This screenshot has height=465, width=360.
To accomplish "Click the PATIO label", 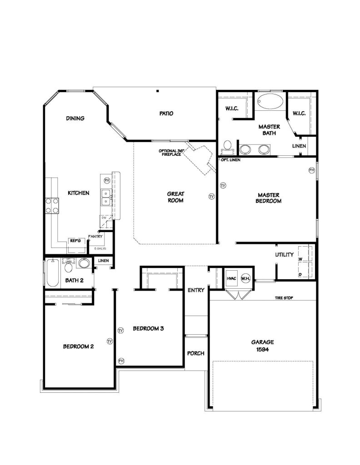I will (x=166, y=114).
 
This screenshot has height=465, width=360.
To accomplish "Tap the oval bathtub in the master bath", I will (x=270, y=102).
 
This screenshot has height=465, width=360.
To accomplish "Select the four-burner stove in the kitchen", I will (x=51, y=205).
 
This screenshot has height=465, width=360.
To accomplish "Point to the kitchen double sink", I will (x=106, y=197).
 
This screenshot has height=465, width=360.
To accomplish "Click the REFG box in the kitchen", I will (x=75, y=241).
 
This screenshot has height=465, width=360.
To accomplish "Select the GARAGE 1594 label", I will (x=262, y=346).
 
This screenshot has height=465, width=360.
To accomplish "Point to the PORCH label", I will (x=196, y=353).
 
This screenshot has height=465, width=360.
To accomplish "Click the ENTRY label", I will (x=196, y=290).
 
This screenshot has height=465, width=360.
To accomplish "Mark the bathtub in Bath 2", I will (x=53, y=273).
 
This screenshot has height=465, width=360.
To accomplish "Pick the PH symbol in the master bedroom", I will (x=312, y=170).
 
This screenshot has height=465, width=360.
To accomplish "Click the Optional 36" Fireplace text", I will (x=170, y=153).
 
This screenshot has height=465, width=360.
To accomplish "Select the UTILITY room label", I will (x=285, y=255).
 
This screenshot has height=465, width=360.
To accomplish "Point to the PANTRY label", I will (x=96, y=236).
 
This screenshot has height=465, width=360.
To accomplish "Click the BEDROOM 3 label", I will (x=148, y=328).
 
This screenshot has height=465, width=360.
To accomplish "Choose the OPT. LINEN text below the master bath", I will (x=231, y=160).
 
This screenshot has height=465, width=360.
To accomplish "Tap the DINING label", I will (x=75, y=119).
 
